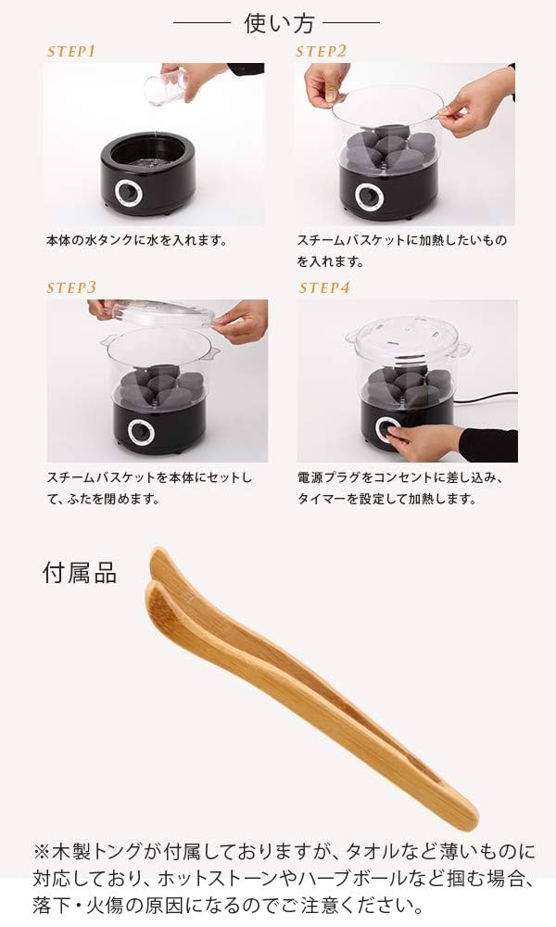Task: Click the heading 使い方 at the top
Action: (x=277, y=21)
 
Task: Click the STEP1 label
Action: (x=71, y=52)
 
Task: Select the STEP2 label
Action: (x=321, y=52)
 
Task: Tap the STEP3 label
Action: (x=71, y=288)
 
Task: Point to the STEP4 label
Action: (x=324, y=288)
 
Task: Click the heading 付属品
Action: (x=80, y=573)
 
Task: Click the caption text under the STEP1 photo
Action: (x=136, y=240)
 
